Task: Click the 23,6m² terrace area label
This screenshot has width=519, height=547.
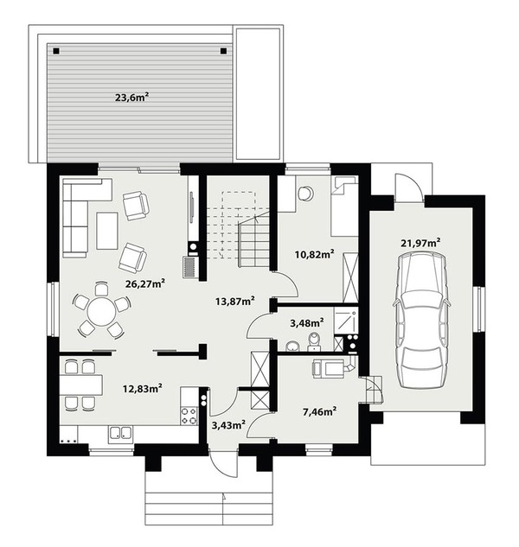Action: coord(130,98)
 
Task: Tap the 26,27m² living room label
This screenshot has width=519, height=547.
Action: coord(145,283)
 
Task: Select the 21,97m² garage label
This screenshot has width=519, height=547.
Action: coord(420,243)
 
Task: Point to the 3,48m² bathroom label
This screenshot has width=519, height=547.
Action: coord(306,322)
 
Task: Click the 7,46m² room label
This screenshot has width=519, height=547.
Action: coord(319,412)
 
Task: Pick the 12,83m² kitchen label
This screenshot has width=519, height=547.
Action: coord(142,388)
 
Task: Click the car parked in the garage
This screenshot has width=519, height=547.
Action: coord(421,320)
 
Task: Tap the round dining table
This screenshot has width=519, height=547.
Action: coord(101,312)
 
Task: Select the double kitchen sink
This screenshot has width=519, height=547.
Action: coord(119,434)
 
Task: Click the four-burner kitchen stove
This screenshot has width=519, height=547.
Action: coord(189,416)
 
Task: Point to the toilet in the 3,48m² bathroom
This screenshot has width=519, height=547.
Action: coord(314,341)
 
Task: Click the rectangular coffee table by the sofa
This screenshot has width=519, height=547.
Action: coord(107,231)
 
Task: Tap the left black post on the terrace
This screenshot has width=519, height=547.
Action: coord(56,51)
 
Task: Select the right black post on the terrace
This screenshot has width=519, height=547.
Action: coord(223,51)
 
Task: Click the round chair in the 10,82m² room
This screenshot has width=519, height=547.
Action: coord(306,193)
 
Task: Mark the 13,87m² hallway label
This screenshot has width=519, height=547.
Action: coord(234,301)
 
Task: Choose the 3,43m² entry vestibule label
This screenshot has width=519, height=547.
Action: coord(228,424)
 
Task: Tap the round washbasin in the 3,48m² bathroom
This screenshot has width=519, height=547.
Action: coord(292,347)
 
